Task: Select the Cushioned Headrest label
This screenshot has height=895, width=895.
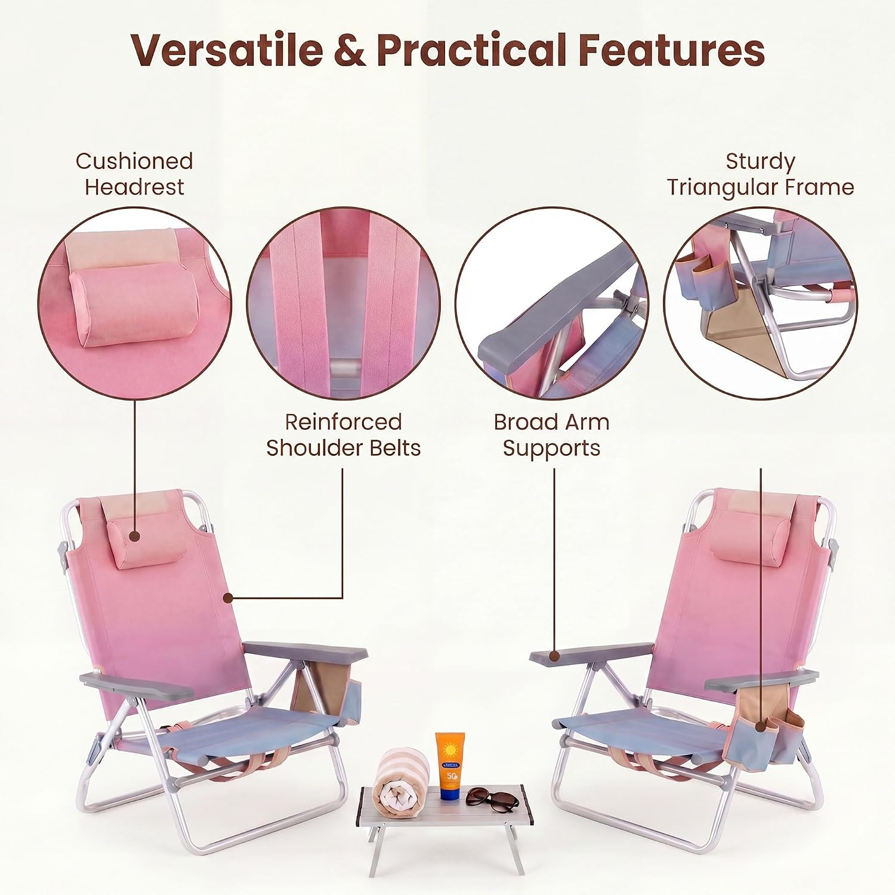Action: (x=134, y=174)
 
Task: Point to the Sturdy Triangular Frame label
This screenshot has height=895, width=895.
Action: (x=760, y=174)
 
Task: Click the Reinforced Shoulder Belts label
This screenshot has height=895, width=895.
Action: (x=343, y=435)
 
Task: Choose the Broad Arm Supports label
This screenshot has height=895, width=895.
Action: (x=551, y=435)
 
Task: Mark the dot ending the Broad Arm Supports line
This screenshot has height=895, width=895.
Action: (x=554, y=656)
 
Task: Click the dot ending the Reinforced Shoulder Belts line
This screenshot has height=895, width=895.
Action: (x=227, y=597)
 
